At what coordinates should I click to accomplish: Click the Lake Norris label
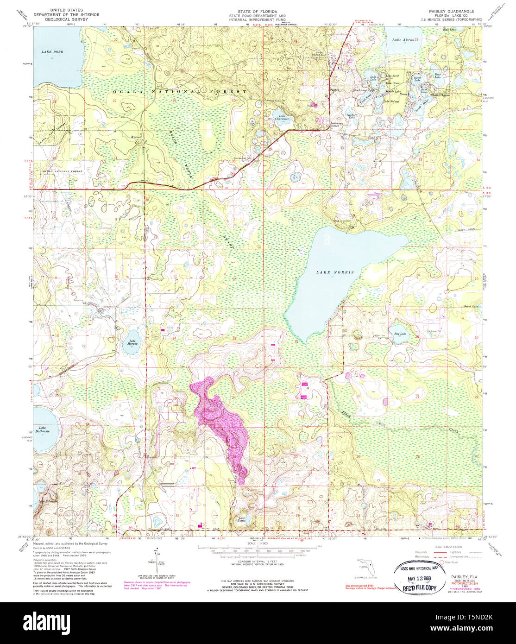click(x=335, y=272)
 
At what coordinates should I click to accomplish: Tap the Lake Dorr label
click(x=51, y=52)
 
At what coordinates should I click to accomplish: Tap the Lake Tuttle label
click(x=241, y=519)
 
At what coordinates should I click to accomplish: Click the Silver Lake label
click(x=417, y=79)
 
